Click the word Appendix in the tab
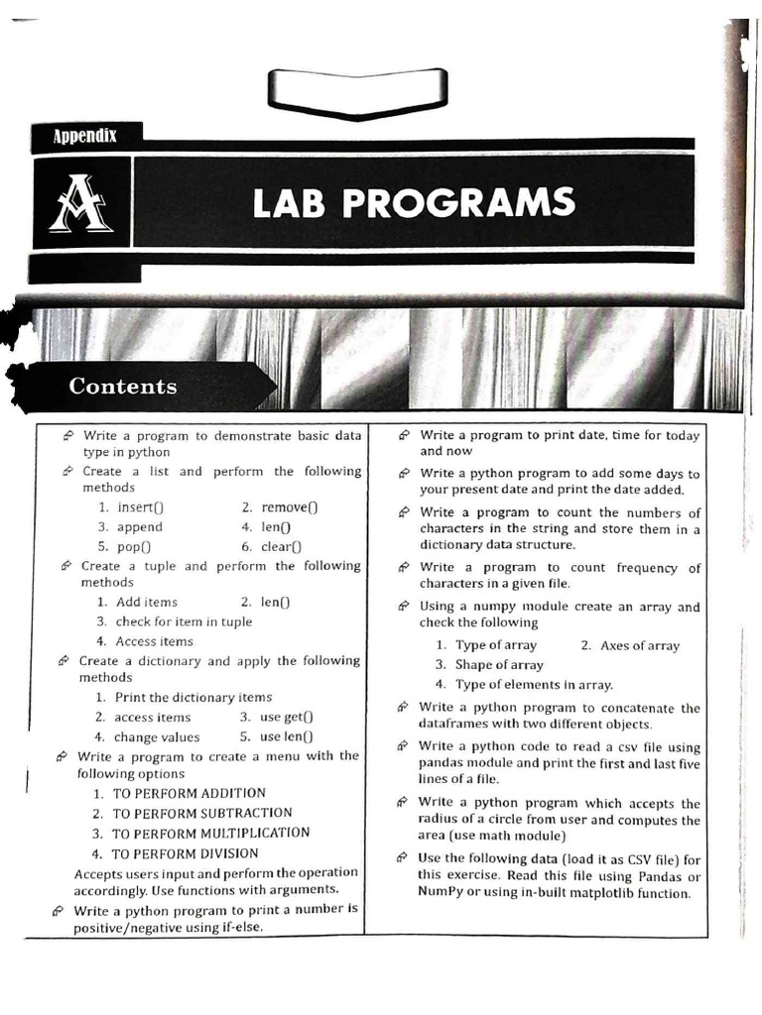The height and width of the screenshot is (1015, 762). click(84, 136)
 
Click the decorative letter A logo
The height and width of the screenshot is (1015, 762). click(80, 204)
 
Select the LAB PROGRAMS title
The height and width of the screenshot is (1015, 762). click(413, 202)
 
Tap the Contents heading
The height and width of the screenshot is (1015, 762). click(122, 387)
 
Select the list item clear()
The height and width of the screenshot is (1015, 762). click(282, 546)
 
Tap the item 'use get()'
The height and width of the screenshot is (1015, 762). click(286, 717)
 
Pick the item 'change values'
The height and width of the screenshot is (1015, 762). click(157, 736)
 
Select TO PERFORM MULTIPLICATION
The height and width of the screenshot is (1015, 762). click(210, 834)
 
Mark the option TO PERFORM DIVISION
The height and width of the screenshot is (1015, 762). click(185, 853)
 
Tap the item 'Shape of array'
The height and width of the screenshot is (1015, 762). click(499, 665)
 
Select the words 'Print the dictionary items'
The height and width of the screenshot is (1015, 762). click(193, 697)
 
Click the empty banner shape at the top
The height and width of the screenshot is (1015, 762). click(356, 90)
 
